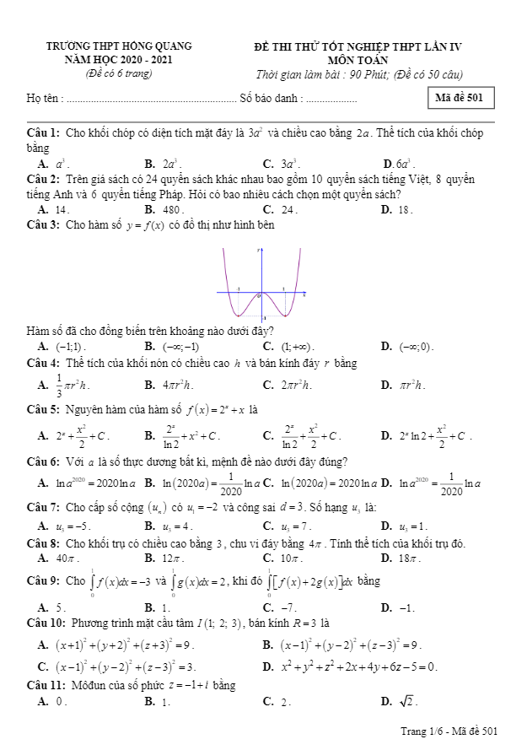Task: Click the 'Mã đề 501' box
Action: tap(460, 99)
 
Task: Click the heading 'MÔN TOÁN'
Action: tap(358, 60)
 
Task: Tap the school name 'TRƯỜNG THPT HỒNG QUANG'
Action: tap(119, 46)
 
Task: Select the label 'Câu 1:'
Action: tap(43, 133)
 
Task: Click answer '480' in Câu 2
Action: tap(172, 208)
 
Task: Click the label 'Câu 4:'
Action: tap(43, 364)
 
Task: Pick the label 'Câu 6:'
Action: tap(43, 461)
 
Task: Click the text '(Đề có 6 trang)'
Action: tap(119, 73)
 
